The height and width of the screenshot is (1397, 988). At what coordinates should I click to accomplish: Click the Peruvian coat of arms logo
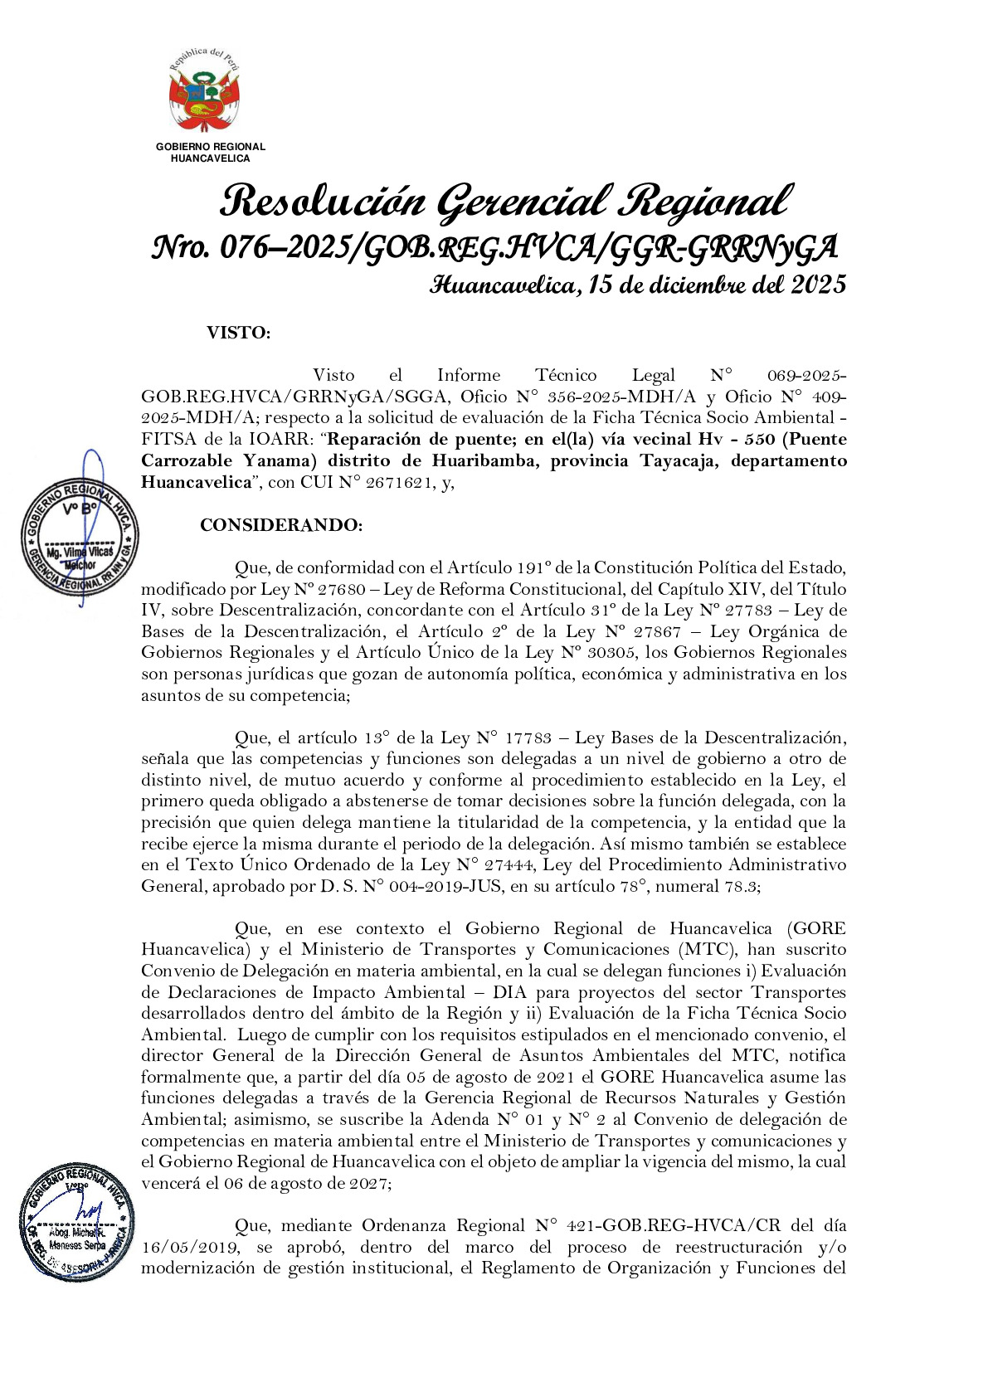point(204,93)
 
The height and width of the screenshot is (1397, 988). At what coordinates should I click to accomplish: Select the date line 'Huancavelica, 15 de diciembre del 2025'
point(638,285)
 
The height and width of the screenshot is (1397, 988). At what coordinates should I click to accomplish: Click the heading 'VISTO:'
point(238,333)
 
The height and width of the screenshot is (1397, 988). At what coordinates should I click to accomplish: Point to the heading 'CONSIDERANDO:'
point(281,525)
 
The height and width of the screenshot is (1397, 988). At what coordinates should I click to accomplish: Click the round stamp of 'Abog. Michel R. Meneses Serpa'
point(77,1222)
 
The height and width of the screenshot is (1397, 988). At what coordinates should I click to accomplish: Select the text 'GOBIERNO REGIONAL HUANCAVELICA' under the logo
point(210,153)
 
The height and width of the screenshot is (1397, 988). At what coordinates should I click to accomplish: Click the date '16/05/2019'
point(190,1247)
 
